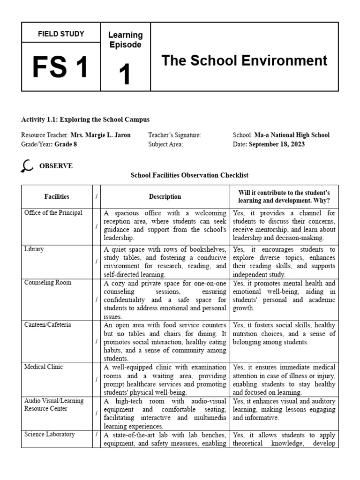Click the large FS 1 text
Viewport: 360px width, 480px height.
point(60,67)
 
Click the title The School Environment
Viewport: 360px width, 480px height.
point(244,60)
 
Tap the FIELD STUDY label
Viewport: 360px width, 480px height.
point(61,34)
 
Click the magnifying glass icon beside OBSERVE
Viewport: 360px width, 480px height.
point(27,166)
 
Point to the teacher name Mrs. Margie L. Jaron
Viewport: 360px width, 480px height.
point(100,135)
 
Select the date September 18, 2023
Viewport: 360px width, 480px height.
point(277,144)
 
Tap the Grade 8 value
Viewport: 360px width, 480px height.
point(66,144)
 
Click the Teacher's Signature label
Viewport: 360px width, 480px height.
point(174,135)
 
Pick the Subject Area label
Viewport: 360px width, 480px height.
point(165,144)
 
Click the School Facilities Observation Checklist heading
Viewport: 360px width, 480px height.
point(189,175)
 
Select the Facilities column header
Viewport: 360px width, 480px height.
point(57,197)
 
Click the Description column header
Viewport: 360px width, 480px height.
point(165,197)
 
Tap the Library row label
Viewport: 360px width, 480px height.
point(34,249)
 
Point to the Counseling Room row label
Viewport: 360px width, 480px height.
point(45,284)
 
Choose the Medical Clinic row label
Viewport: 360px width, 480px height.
point(43,367)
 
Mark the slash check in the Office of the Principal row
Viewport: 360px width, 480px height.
point(97,226)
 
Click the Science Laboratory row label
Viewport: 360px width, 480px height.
point(49,435)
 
